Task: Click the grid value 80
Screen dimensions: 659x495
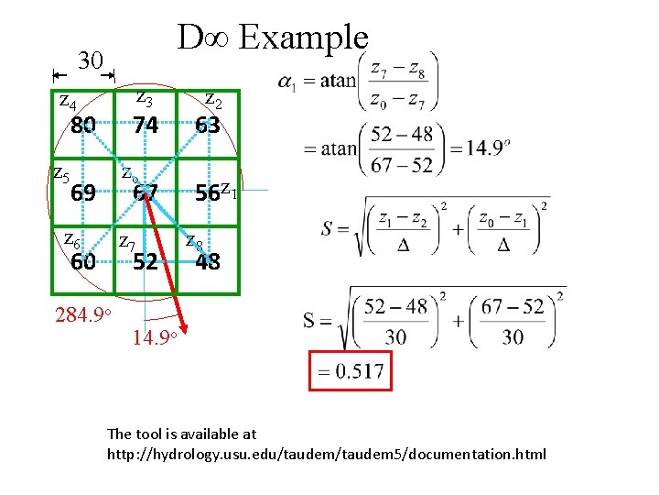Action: point(83,125)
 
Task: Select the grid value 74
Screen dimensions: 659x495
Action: point(145,125)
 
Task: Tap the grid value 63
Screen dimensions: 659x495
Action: point(207,125)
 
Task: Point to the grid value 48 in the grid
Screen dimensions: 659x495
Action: point(208,261)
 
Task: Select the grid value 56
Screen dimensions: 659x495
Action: point(208,193)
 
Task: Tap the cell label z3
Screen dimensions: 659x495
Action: point(144,95)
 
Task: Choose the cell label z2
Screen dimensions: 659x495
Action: point(212,97)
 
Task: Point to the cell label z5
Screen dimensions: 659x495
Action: point(59,171)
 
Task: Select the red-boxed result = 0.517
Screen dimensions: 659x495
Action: point(348,372)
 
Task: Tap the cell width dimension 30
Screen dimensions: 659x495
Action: point(90,61)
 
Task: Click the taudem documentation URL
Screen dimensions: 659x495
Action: point(327,453)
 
